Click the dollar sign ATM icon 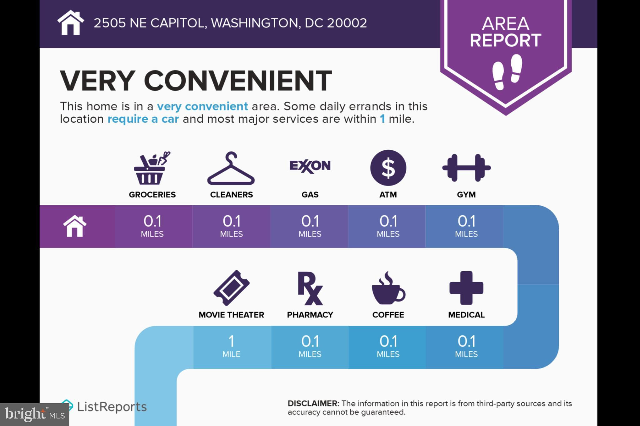pos(388,168)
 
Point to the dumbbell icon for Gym pos(466,168)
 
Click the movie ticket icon pos(232,288)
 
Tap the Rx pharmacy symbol pos(310,288)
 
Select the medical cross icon pos(466,288)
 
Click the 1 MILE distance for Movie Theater pos(231,346)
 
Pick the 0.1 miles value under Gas pos(310,226)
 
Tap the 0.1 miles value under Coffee pos(388,346)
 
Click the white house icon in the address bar pos(71,22)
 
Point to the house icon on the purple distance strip pos(75,226)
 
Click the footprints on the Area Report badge pos(507,72)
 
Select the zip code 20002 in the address pos(347,23)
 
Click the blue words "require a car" pos(143,119)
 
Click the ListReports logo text pos(112,407)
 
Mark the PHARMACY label pos(310,315)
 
